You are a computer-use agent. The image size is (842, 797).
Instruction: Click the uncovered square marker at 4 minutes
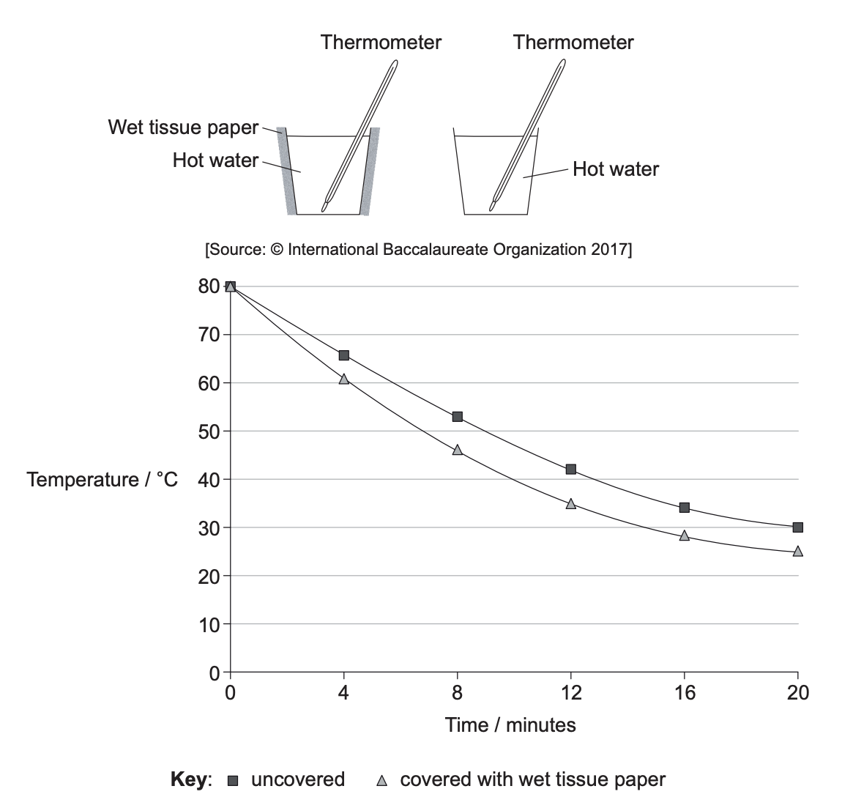click(x=343, y=355)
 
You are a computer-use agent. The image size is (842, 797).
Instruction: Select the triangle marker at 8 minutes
click(x=458, y=450)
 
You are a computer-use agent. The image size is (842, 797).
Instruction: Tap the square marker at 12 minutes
click(x=571, y=469)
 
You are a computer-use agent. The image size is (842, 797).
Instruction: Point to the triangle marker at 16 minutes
click(x=684, y=535)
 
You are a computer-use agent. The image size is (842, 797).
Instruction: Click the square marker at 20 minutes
click(x=798, y=527)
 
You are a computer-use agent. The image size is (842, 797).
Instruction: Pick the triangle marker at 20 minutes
click(x=798, y=551)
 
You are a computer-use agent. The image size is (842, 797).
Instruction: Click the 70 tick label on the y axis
click(x=209, y=335)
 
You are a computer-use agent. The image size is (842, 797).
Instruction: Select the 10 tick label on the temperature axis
click(x=209, y=624)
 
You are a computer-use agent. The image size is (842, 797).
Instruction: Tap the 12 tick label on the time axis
click(x=571, y=693)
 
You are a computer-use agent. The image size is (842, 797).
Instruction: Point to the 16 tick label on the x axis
click(x=685, y=693)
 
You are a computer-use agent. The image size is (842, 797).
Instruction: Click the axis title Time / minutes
click(x=510, y=725)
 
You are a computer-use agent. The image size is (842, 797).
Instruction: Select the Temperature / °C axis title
click(x=102, y=479)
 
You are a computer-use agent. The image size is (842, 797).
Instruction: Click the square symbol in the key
click(x=233, y=781)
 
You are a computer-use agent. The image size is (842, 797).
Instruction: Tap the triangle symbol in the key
click(x=381, y=781)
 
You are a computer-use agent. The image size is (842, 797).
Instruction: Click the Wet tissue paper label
click(x=183, y=127)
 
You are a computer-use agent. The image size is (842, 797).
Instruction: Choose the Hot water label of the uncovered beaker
click(x=615, y=168)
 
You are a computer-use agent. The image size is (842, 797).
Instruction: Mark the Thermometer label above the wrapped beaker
click(x=381, y=42)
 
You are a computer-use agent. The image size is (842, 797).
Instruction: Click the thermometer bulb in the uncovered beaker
click(x=492, y=205)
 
